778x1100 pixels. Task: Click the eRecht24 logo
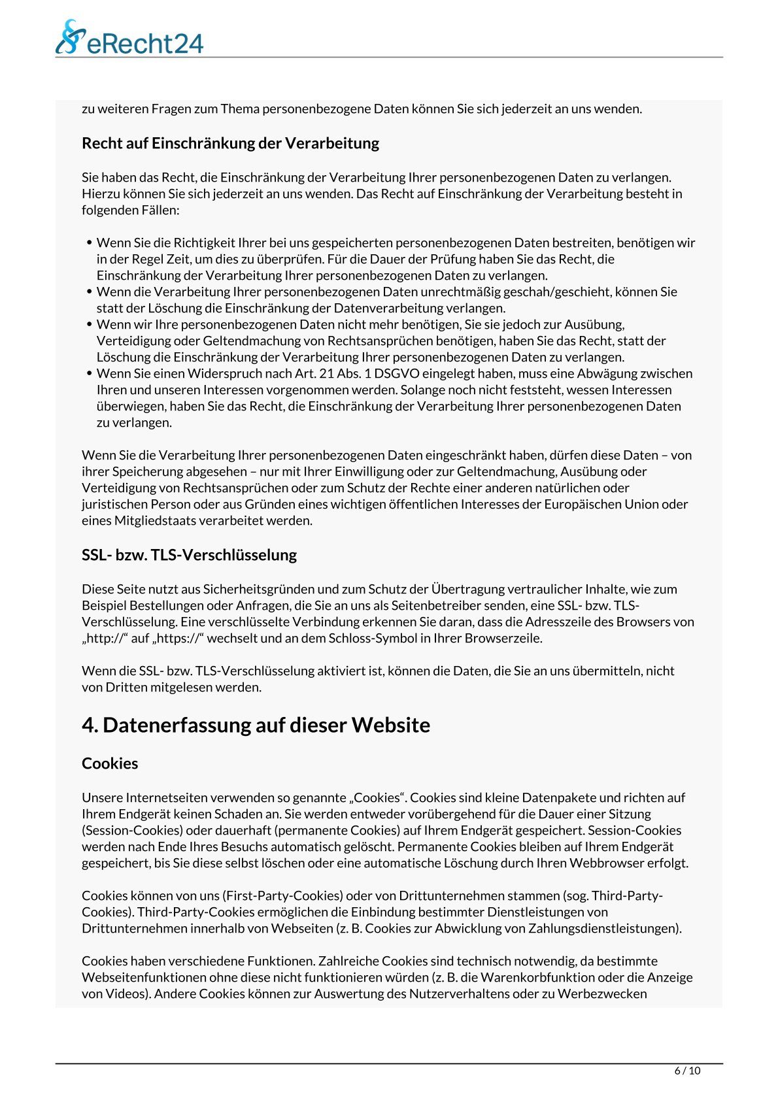(129, 37)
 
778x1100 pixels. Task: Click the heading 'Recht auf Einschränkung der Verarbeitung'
(230, 143)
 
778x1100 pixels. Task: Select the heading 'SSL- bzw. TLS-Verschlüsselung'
(189, 555)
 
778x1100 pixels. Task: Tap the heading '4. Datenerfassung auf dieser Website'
(256, 725)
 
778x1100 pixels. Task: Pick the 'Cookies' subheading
(110, 763)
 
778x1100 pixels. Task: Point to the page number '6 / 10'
(687, 1071)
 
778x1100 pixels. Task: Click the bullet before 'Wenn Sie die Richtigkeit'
(90, 243)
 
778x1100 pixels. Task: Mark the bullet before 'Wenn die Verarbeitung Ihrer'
(90, 292)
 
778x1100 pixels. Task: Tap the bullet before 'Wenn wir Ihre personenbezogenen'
(90, 325)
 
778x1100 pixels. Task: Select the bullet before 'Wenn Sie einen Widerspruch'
(90, 374)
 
